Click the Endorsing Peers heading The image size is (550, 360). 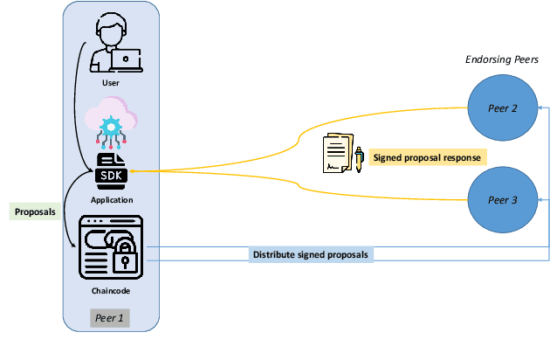[500, 59]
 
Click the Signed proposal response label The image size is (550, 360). [427, 157]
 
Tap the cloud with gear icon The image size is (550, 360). [112, 122]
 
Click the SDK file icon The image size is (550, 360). [112, 172]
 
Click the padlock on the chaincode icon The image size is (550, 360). [126, 259]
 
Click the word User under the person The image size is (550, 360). [111, 83]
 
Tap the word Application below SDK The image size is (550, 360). [111, 200]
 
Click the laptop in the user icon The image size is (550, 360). [128, 59]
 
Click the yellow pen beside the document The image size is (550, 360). [359, 159]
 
